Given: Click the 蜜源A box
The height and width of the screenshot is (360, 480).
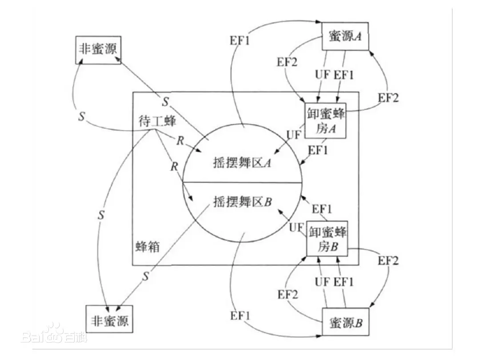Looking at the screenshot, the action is (345, 36).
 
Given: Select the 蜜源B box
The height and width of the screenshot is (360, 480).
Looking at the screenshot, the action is (345, 322).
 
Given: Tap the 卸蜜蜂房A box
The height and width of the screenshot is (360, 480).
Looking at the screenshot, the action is (325, 120).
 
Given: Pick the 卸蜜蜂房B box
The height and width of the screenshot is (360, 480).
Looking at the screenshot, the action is (327, 239).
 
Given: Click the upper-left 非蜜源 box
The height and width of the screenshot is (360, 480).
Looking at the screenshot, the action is (98, 50).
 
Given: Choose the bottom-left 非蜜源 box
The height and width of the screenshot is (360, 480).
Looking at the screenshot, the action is (109, 319).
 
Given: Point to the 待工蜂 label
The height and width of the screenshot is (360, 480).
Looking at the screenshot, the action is (157, 121).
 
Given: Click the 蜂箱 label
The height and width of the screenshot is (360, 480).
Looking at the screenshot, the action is (148, 246).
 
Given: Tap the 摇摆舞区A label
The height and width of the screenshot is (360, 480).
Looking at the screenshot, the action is (242, 163).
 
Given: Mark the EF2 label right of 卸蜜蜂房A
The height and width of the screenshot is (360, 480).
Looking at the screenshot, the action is (388, 98).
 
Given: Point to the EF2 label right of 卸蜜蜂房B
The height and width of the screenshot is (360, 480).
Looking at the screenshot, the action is (388, 260).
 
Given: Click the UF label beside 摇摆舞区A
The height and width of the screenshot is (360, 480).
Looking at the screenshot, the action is (294, 135).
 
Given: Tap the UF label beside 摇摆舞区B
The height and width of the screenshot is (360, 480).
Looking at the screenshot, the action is (296, 228).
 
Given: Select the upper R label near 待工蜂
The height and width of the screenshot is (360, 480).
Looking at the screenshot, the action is (180, 140).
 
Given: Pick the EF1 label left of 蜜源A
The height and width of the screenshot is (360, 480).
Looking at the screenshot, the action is (240, 40).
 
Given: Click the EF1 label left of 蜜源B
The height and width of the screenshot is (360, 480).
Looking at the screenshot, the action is (240, 315).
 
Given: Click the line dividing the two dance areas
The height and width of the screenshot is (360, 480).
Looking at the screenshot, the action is (242, 183).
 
